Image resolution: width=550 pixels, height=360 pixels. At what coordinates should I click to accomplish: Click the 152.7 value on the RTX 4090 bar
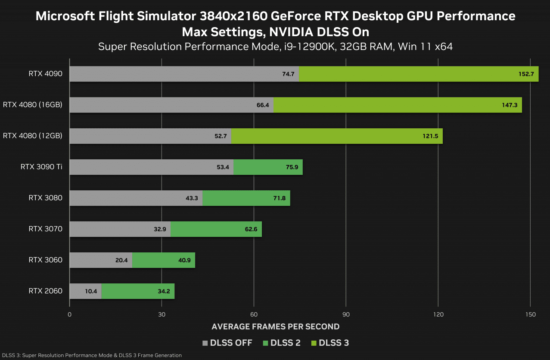coord(526,74)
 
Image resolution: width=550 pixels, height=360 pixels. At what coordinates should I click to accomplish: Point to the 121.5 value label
coord(430,136)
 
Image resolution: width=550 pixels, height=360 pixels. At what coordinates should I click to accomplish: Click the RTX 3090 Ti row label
coord(41,167)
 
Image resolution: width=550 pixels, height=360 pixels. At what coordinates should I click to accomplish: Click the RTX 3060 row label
coord(45,260)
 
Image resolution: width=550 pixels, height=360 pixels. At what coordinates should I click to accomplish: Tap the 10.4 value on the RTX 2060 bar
coord(91,291)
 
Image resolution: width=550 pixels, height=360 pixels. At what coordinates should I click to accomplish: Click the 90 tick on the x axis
coord(346,314)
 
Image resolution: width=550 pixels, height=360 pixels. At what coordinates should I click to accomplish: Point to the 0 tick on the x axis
coord(69,314)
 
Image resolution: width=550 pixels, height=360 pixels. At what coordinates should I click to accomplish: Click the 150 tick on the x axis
coord(531,314)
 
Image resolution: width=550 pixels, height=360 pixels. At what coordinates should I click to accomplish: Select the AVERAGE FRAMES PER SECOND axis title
coord(276,326)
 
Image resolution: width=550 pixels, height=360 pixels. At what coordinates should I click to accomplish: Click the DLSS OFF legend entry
coord(228,343)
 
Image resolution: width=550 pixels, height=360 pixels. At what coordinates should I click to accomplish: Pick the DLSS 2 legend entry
coord(281,343)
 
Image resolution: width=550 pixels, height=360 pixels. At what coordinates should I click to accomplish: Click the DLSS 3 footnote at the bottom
coord(91,355)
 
